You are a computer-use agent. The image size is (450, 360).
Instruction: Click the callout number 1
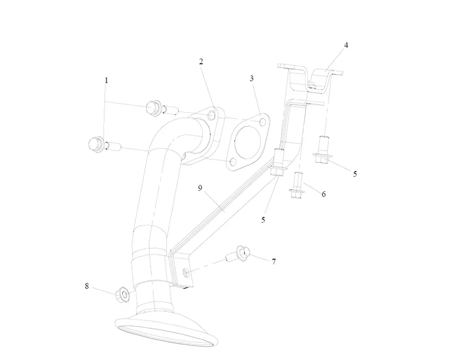[106, 81]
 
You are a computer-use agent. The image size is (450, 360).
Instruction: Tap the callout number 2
[201, 62]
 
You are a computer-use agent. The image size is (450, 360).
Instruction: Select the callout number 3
[252, 78]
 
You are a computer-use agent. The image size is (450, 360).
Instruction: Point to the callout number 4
[346, 45]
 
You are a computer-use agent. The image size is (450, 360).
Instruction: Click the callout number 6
[323, 194]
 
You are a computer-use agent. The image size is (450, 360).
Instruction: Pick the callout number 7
[273, 261]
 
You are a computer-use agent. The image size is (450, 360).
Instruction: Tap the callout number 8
[87, 285]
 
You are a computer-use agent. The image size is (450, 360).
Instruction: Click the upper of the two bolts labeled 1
[154, 108]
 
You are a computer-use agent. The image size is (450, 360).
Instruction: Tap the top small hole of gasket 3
[262, 121]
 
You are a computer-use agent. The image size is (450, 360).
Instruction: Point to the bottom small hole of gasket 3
[233, 162]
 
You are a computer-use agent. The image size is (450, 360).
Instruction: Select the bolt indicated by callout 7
[238, 256]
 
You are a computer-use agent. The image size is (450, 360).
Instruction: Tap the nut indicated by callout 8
[122, 294]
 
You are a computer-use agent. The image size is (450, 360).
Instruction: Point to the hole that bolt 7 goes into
[185, 271]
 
